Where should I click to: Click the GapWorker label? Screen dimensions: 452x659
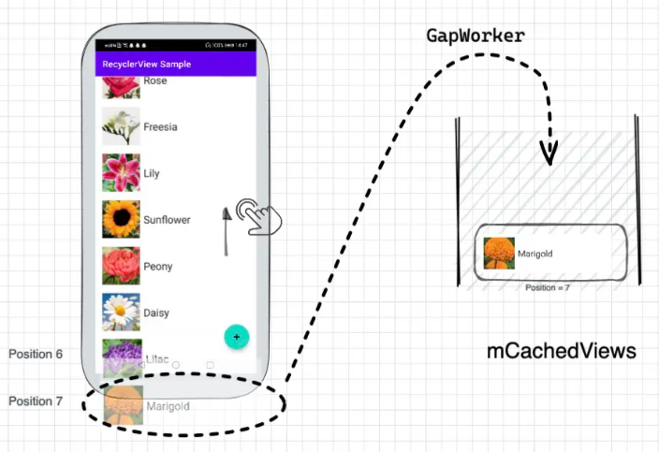(x=476, y=36)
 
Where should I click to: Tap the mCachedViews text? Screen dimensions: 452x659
(x=561, y=352)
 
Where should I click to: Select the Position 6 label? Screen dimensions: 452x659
(x=36, y=355)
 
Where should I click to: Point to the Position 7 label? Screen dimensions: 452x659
(x=36, y=401)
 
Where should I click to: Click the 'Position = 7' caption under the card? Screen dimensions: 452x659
(x=548, y=287)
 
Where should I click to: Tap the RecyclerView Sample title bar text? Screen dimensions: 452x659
(x=146, y=65)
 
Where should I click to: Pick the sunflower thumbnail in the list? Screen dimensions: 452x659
(x=121, y=220)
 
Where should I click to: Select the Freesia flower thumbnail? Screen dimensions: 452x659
(x=121, y=126)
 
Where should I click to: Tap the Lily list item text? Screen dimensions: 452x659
(x=152, y=173)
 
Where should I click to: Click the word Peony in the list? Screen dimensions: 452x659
(x=157, y=267)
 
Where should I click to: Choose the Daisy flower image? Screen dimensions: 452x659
(x=121, y=313)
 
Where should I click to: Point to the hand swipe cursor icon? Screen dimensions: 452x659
(x=258, y=216)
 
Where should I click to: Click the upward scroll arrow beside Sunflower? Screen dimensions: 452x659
(x=226, y=230)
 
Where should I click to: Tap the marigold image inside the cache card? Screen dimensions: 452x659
(x=499, y=254)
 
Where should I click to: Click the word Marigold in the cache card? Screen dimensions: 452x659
(x=535, y=254)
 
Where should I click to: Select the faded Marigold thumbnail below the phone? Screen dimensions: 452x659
(x=123, y=405)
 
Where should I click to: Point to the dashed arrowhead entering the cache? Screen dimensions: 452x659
(x=549, y=152)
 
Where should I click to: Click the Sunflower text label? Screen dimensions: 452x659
(x=167, y=220)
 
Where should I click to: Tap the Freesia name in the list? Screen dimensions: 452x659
(x=160, y=126)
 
